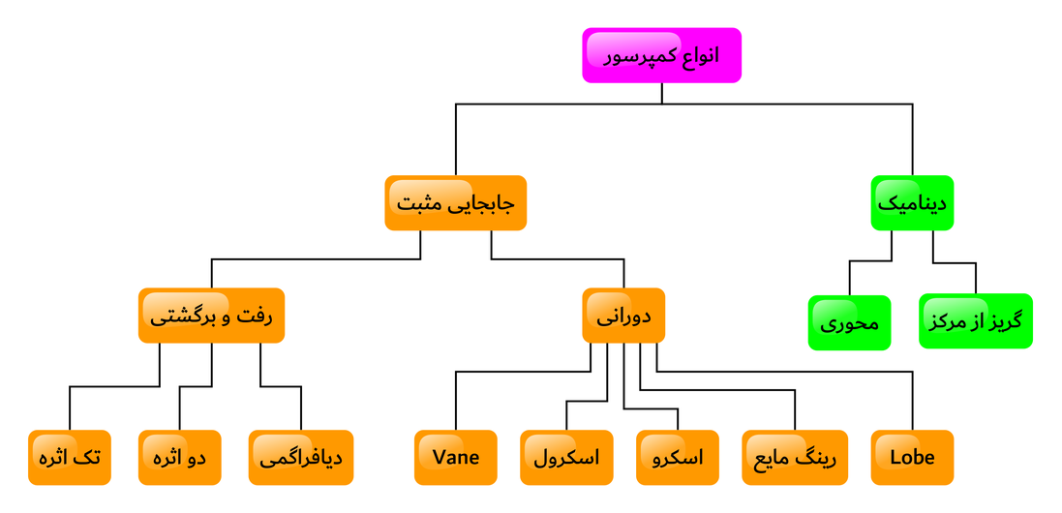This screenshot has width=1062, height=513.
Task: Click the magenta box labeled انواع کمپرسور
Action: click(x=661, y=55)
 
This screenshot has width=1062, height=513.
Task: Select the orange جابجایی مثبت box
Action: click(x=455, y=202)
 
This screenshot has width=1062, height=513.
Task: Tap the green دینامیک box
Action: click(x=912, y=202)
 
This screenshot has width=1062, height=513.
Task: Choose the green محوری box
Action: click(x=849, y=322)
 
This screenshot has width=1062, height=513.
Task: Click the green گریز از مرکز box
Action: click(x=975, y=320)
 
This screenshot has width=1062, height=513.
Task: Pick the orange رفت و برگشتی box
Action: click(x=211, y=316)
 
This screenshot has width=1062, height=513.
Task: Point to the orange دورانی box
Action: click(x=623, y=316)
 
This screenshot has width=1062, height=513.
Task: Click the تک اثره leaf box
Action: click(x=70, y=457)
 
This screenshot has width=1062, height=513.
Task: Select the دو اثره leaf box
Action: click(x=180, y=457)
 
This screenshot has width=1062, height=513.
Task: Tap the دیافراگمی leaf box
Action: click(x=301, y=457)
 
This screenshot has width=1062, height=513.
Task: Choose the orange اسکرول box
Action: click(x=567, y=457)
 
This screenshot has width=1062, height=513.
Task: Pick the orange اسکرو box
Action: click(x=678, y=457)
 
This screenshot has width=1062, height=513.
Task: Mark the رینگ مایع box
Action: click(x=795, y=457)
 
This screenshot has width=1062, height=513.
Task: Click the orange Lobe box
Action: click(x=912, y=457)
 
